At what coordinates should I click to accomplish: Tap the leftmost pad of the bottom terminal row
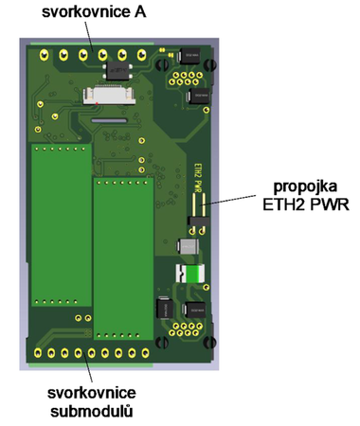37,354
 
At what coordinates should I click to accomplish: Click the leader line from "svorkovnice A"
90,38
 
